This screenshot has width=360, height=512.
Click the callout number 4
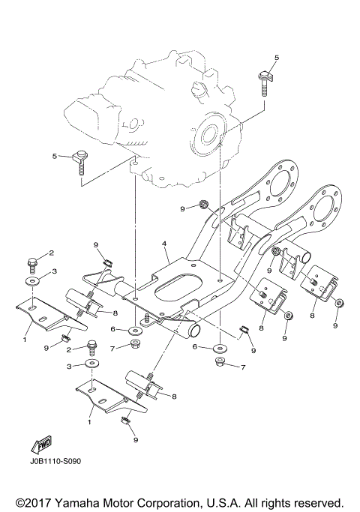[x=163, y=244]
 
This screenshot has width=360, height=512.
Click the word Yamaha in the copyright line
[x=82, y=502]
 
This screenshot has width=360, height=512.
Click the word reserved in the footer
[x=316, y=502]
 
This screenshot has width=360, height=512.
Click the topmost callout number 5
[x=276, y=58]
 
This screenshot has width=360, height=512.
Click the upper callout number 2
[x=52, y=253]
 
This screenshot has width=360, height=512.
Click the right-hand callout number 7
[x=243, y=367]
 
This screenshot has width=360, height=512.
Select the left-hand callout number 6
[x=112, y=329]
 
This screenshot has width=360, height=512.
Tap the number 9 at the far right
[x=336, y=326]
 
